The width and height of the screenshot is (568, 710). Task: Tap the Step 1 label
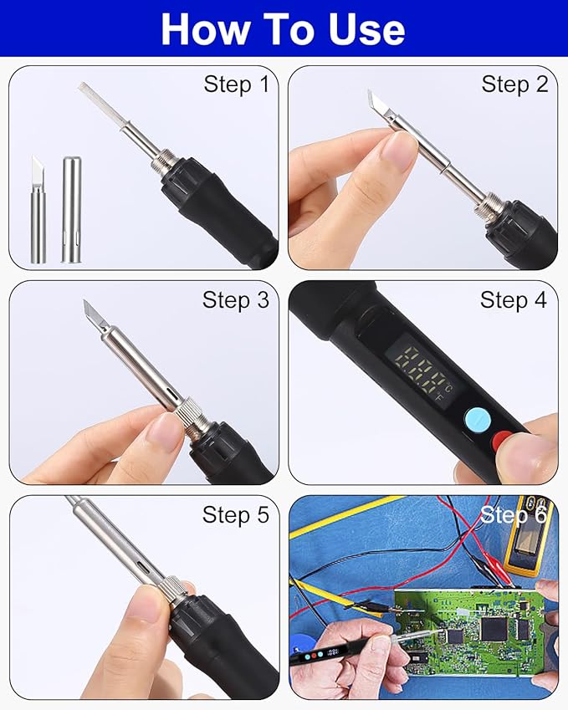coord(237,84)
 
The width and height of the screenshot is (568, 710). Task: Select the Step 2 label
coord(514,84)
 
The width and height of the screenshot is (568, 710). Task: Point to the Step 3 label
coord(236,299)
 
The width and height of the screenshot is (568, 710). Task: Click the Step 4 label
coord(514,299)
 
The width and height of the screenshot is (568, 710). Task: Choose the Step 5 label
coord(236,515)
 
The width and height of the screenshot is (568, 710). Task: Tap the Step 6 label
coord(514,515)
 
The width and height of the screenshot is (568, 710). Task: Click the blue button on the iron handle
coord(478,420)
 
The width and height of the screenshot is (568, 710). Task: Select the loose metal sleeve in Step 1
coord(72,210)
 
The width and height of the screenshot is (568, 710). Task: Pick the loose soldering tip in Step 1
coord(38,210)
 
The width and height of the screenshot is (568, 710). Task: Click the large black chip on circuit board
coord(494,629)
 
